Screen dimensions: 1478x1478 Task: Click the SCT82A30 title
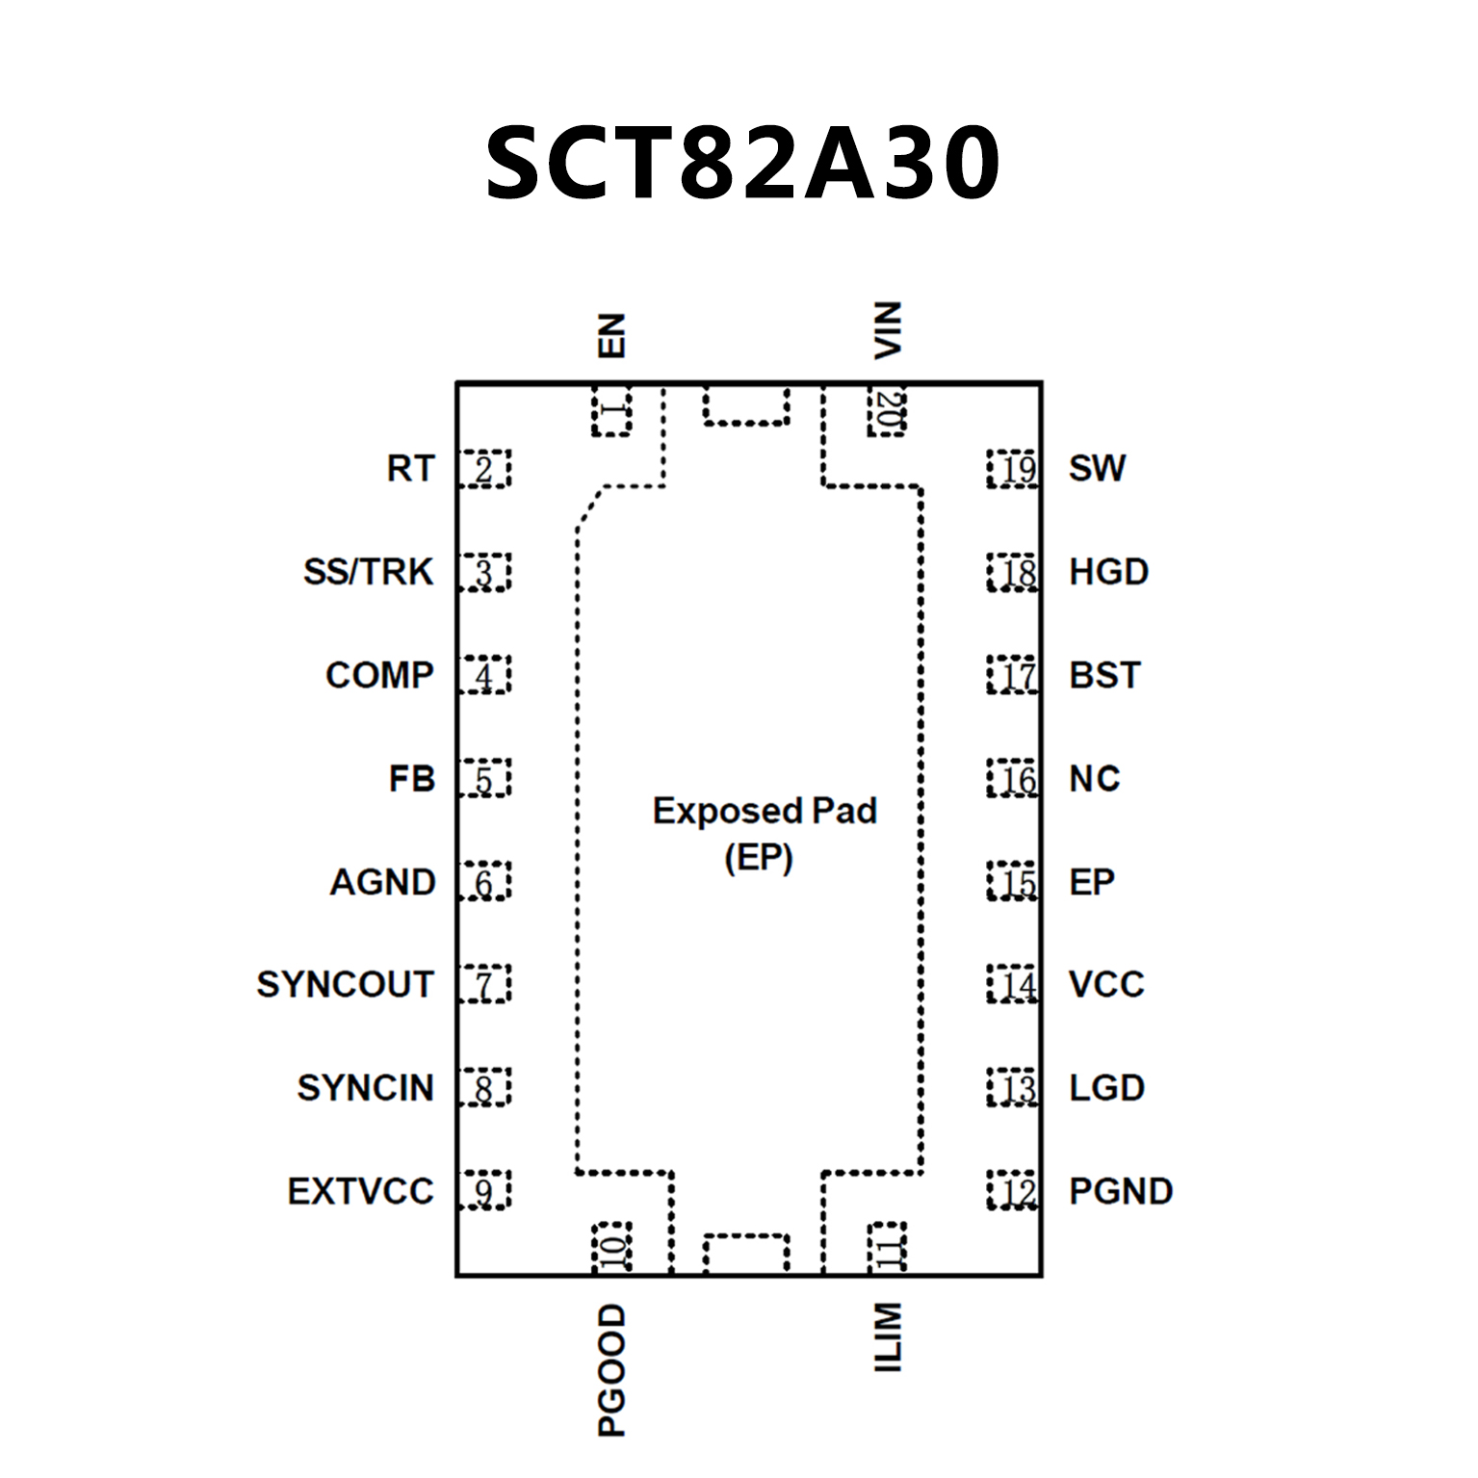[x=742, y=164]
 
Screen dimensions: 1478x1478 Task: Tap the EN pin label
[x=611, y=336]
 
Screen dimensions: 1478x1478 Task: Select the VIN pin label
[x=887, y=330]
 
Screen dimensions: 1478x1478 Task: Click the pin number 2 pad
[x=484, y=469]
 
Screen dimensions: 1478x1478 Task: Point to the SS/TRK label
[x=368, y=572]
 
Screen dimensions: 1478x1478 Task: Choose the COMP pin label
[x=379, y=675]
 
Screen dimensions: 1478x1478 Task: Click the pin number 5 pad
[x=484, y=779]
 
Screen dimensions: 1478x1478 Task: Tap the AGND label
[x=382, y=882]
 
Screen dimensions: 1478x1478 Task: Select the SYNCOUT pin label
[x=345, y=984]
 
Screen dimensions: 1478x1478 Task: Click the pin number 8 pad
[x=484, y=1088]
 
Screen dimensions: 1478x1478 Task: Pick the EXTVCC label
[x=360, y=1191]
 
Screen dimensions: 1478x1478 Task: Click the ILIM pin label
[x=887, y=1337]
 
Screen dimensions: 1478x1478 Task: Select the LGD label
[x=1106, y=1088]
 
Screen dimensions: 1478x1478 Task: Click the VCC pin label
[x=1106, y=984]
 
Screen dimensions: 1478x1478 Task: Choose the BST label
[x=1104, y=675]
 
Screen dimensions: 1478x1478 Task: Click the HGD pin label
[x=1108, y=572]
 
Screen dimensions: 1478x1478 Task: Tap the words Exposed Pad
[x=765, y=811]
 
